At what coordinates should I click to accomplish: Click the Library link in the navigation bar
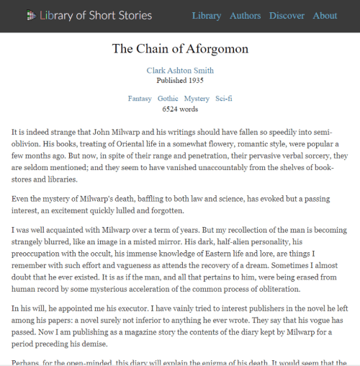(207, 15)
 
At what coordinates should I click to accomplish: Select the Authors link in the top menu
(245, 15)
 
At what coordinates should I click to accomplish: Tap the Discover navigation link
(287, 15)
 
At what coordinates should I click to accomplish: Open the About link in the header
(325, 15)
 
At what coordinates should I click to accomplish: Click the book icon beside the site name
(30, 15)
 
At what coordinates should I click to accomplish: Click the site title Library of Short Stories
(96, 15)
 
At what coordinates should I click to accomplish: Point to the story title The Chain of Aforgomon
(180, 49)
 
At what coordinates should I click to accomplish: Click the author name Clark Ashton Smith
(180, 71)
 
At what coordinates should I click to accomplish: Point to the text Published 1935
(180, 80)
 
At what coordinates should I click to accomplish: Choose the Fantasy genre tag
(140, 98)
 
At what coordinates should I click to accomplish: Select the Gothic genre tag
(168, 98)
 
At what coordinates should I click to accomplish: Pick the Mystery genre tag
(197, 98)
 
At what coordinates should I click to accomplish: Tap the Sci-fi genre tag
(223, 98)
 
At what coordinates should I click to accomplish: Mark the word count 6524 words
(180, 110)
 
